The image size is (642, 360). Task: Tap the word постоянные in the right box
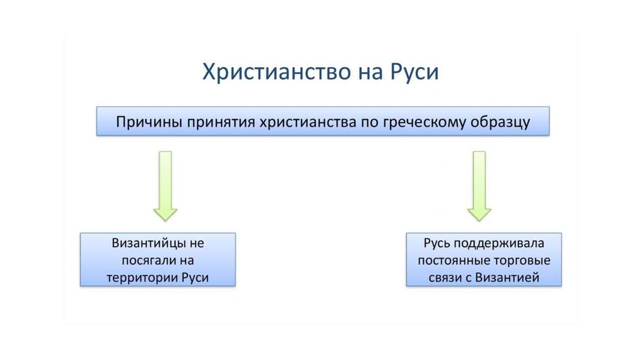(x=452, y=260)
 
